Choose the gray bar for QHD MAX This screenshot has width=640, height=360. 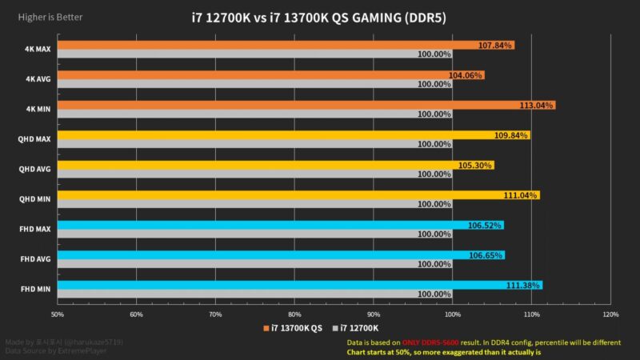(x=240, y=144)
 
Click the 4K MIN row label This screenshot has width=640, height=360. (x=38, y=110)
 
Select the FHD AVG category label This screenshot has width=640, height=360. (x=37, y=259)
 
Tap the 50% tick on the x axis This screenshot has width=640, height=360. (x=58, y=314)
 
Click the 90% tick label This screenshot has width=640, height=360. (x=374, y=314)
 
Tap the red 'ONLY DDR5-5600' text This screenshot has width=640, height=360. (x=430, y=342)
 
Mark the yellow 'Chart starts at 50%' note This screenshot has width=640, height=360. (x=443, y=351)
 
